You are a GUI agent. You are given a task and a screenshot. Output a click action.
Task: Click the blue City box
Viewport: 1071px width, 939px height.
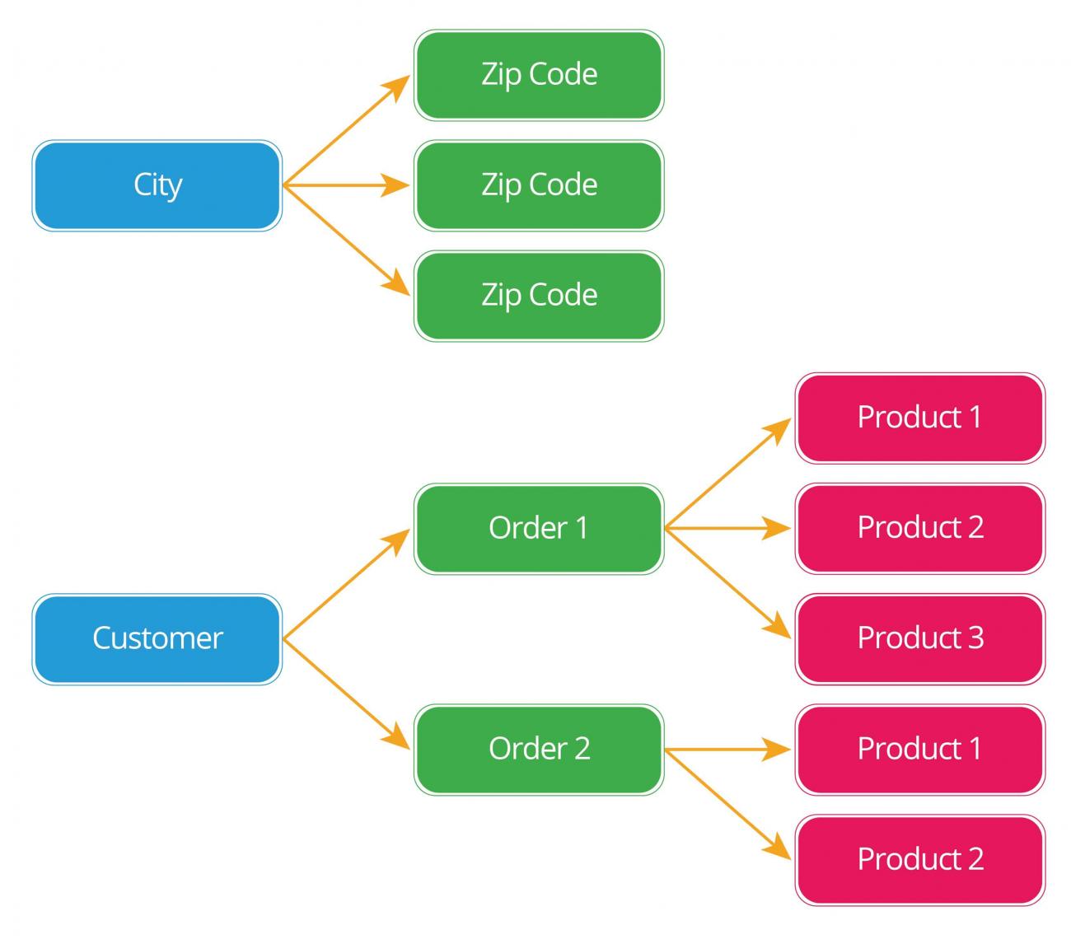click(x=157, y=185)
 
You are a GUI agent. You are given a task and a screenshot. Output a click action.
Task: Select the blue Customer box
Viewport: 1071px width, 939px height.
click(x=157, y=638)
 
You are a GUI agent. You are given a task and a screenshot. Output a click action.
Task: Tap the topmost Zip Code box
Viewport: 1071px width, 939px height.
click(x=539, y=75)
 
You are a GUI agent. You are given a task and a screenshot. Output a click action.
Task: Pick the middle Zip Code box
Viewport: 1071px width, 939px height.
click(x=539, y=185)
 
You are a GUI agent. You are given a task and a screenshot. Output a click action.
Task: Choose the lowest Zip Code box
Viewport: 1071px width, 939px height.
click(x=539, y=296)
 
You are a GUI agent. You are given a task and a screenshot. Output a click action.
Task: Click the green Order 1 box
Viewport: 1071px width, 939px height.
click(x=539, y=528)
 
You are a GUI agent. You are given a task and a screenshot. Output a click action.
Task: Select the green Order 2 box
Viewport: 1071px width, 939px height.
click(x=539, y=749)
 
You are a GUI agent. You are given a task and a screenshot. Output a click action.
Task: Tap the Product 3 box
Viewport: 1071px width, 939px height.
click(x=919, y=638)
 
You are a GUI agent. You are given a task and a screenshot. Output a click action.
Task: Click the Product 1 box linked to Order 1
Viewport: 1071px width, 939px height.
click(x=919, y=418)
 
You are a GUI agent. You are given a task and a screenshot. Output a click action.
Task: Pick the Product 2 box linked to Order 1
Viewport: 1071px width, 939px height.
click(x=919, y=528)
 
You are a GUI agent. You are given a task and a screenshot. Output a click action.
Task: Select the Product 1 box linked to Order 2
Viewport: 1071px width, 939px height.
click(x=919, y=749)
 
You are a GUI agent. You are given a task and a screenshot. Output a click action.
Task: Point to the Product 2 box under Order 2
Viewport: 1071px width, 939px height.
click(x=919, y=859)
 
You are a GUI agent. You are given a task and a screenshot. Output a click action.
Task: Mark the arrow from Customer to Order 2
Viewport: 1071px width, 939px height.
click(x=346, y=693)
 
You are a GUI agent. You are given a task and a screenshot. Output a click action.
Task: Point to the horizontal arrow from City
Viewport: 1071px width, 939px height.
click(x=346, y=186)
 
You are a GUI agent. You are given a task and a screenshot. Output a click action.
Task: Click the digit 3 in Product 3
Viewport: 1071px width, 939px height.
click(x=975, y=638)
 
